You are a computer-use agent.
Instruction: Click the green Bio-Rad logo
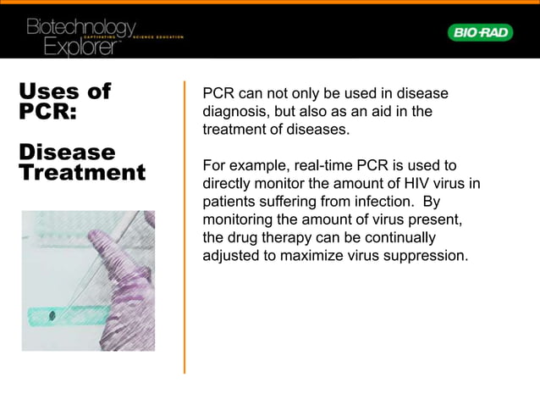tap(479, 32)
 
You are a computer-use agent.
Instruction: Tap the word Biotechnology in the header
tap(80, 28)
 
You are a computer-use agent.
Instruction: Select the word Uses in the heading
tap(52, 92)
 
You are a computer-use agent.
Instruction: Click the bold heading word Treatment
tap(82, 173)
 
